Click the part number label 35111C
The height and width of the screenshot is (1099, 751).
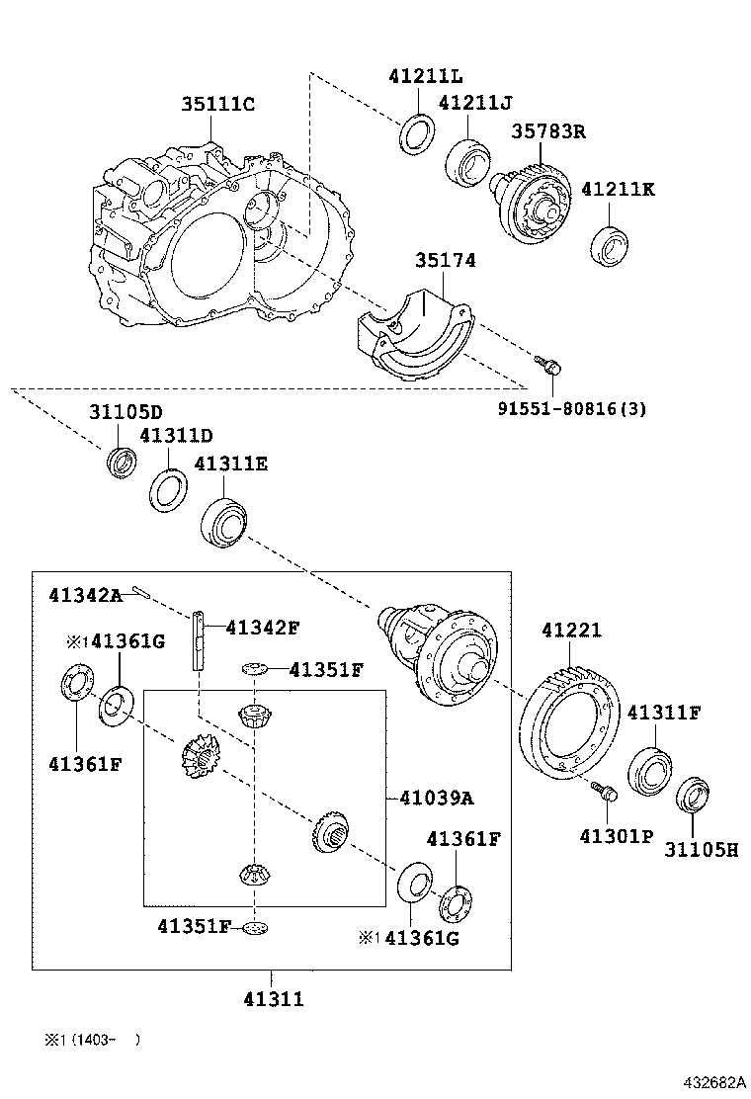tap(217, 105)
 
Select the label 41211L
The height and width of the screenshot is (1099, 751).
tap(425, 76)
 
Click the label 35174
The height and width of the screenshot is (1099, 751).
tap(445, 261)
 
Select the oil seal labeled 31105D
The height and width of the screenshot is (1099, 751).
tap(123, 462)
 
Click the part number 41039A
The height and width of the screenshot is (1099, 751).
tap(436, 798)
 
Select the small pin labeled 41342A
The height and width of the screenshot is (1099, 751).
tap(139, 592)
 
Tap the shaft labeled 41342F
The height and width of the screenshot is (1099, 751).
tap(200, 640)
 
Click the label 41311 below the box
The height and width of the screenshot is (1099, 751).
tap(273, 999)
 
